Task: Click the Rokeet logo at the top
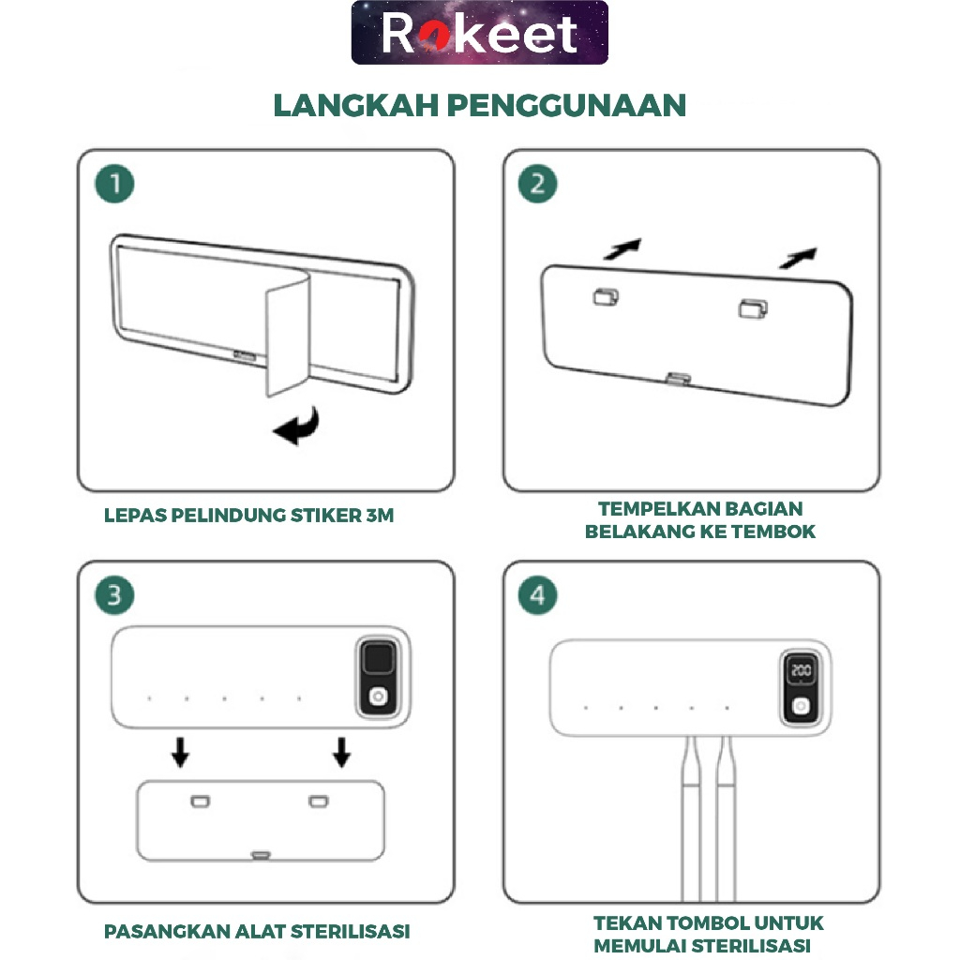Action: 479,33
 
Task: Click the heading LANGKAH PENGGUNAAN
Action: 479,105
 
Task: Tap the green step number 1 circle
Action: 114,184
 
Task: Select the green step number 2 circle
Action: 537,184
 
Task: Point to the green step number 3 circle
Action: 114,595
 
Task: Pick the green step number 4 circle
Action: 537,595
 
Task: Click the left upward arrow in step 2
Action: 622,248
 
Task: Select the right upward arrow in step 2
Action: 799,258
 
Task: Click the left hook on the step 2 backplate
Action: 607,297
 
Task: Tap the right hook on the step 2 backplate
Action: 753,308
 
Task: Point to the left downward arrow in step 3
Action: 180,752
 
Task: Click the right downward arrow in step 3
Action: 341,752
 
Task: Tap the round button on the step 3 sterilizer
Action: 378,697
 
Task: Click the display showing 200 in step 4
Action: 801,670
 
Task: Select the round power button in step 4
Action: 801,706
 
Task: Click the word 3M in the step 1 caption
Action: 380,516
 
